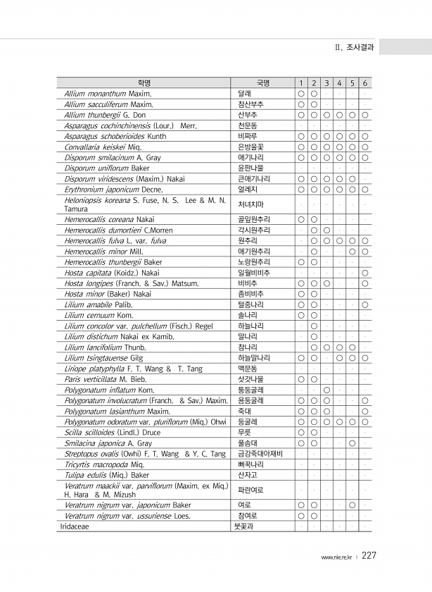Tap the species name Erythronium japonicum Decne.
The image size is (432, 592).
click(x=113, y=190)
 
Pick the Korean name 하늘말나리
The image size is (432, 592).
click(x=253, y=358)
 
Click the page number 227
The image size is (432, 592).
click(x=369, y=555)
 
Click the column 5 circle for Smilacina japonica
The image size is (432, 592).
click(x=352, y=443)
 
